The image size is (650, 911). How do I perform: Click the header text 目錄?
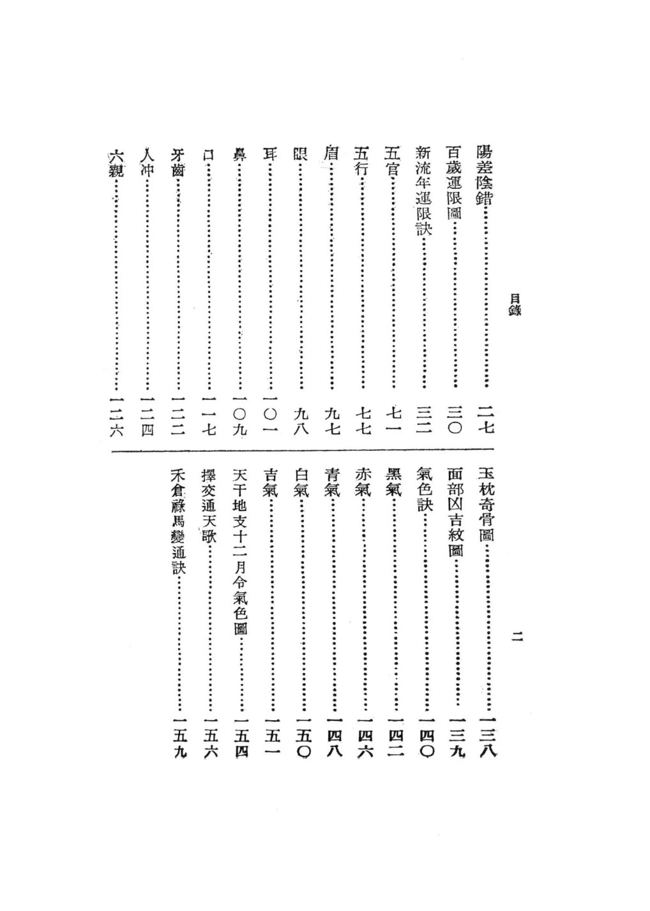(x=513, y=304)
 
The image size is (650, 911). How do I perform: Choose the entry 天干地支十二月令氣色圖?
(x=239, y=552)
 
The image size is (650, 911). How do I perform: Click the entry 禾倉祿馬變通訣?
(x=178, y=522)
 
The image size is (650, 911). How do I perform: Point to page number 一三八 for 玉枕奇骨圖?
(x=487, y=734)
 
